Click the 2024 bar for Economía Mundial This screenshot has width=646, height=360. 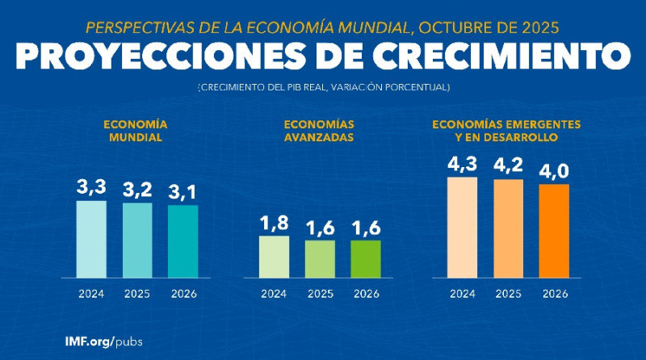point(91,239)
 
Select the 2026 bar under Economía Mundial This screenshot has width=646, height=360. point(183,241)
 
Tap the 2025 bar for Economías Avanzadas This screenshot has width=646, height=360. point(321,259)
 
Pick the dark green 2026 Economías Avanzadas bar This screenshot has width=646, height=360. point(367,259)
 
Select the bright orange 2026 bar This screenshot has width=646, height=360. point(555,232)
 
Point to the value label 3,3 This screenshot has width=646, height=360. point(91,187)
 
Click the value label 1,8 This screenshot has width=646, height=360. point(275,223)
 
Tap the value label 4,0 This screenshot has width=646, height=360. point(555,172)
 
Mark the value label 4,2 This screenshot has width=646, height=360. point(509,166)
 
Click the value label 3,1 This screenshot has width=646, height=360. point(183,193)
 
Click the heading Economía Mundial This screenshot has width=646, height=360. point(135,131)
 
